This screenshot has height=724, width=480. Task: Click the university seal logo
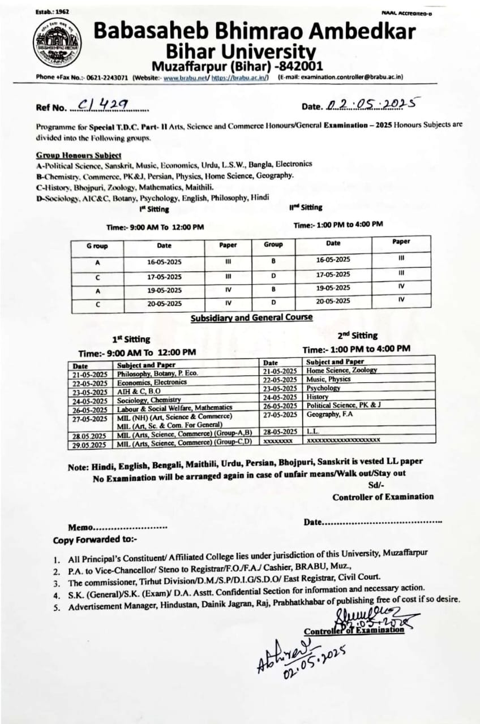click(57, 43)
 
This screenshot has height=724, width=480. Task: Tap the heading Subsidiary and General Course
click(251, 317)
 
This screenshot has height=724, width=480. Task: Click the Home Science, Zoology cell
click(341, 370)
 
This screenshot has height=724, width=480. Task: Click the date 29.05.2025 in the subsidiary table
click(89, 445)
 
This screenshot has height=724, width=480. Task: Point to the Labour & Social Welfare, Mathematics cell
click(174, 408)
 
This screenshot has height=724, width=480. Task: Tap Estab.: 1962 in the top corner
click(52, 11)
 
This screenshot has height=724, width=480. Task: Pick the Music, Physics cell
click(328, 379)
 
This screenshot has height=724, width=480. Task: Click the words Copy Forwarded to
click(91, 540)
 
